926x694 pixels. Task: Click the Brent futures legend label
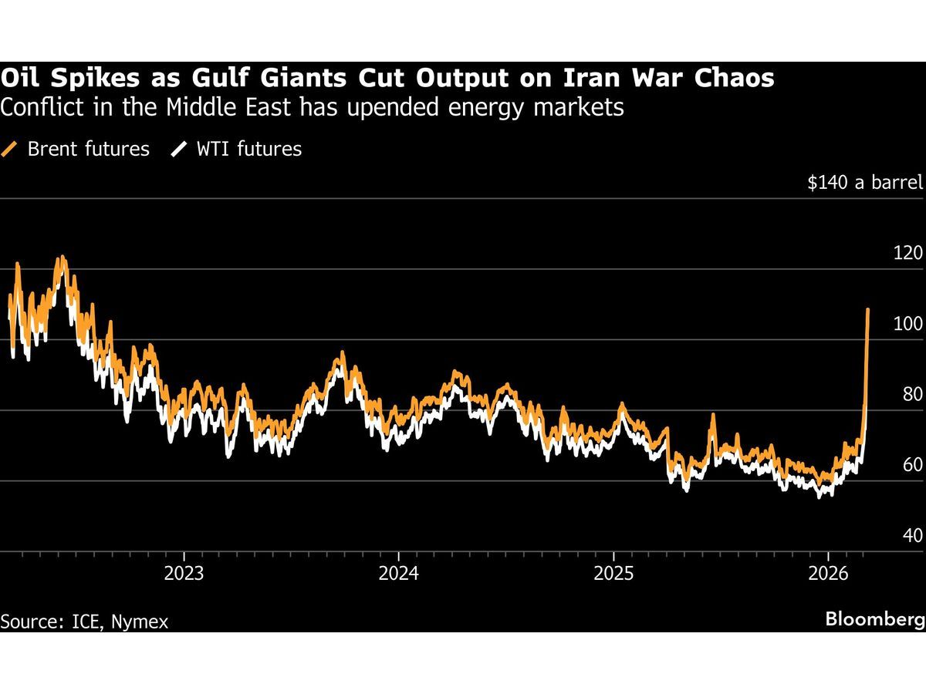tap(88, 149)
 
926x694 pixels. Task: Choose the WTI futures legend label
tap(249, 149)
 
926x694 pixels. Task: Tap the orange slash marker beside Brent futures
tap(10, 149)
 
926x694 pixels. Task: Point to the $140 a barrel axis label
tap(864, 183)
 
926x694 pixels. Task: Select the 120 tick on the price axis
tap(907, 253)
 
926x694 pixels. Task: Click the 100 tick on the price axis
tap(907, 324)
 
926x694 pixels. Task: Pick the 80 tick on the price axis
tap(911, 394)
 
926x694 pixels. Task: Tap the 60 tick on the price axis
tap(911, 465)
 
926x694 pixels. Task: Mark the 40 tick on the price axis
tap(911, 535)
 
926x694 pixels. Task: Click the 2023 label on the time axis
tap(184, 574)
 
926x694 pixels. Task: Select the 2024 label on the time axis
tap(398, 574)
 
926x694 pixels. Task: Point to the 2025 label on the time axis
tap(613, 574)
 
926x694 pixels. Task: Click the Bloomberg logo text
tap(874, 619)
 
